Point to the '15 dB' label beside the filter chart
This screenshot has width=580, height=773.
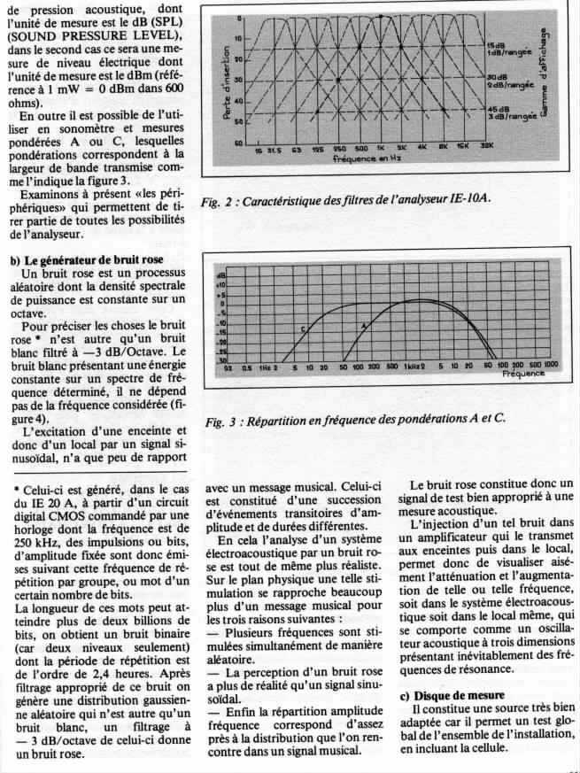[497, 44]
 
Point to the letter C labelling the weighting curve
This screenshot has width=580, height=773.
[303, 329]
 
